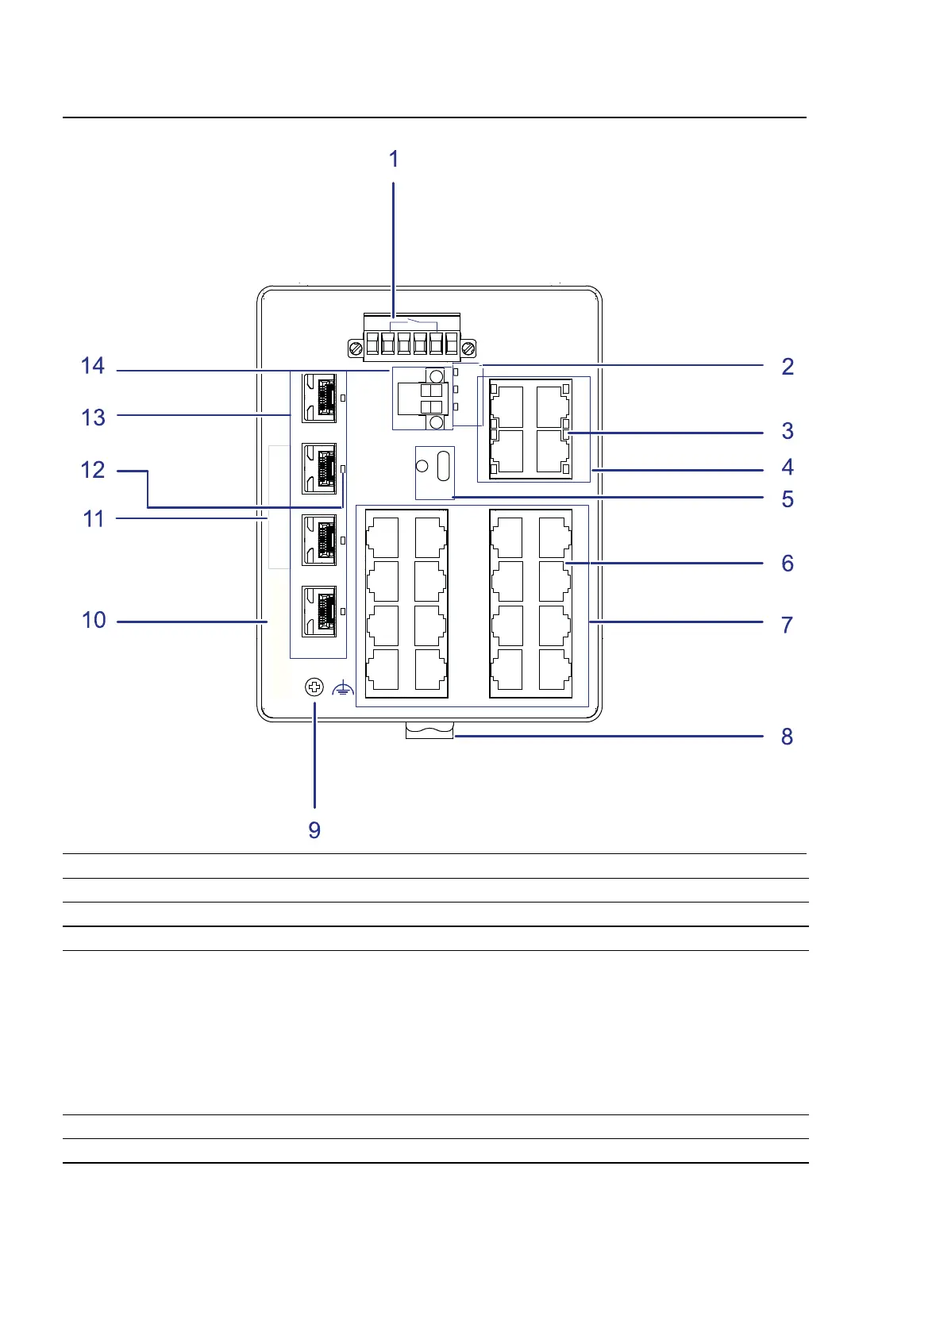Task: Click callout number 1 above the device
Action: (x=394, y=160)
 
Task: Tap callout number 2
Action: (x=787, y=367)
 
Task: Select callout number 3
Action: (x=787, y=431)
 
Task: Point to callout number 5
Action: (x=787, y=499)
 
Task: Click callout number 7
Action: (x=787, y=625)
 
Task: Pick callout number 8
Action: (x=787, y=737)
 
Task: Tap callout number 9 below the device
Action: (x=314, y=830)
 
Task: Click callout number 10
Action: (x=94, y=620)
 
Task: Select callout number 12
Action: (x=93, y=470)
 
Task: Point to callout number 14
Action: (x=93, y=366)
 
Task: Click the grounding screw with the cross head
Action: (x=315, y=687)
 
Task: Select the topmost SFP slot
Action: (x=319, y=397)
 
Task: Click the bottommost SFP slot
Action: (x=319, y=610)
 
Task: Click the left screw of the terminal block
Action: (x=356, y=348)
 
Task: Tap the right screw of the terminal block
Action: (x=468, y=348)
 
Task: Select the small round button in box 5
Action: (x=422, y=465)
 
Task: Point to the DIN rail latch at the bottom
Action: (x=429, y=729)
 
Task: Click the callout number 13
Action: (x=93, y=418)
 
